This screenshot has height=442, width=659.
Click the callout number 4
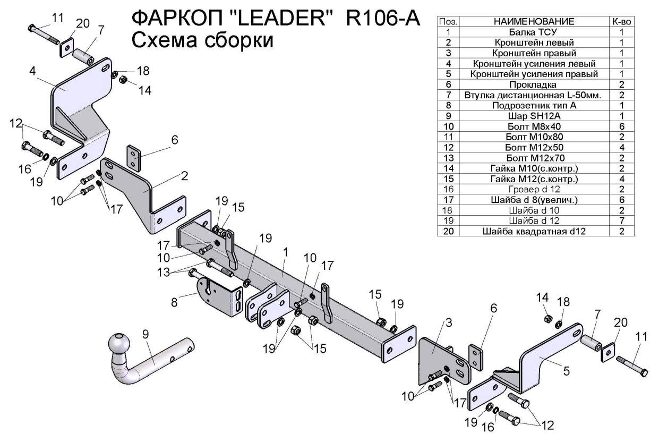(32, 71)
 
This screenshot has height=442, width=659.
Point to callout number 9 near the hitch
(146, 334)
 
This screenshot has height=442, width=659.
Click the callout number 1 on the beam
(285, 253)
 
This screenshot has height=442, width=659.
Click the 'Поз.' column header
(448, 22)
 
